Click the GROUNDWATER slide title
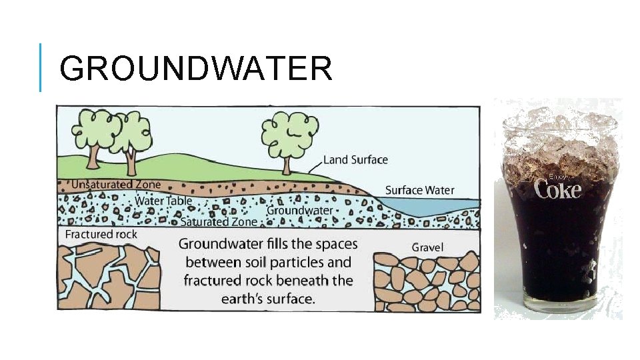click(x=195, y=69)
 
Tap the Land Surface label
click(x=355, y=160)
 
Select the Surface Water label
click(x=419, y=191)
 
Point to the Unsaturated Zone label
click(x=116, y=185)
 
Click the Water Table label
click(x=163, y=201)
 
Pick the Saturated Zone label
click(x=218, y=222)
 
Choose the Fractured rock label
click(x=101, y=235)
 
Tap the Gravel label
click(x=427, y=247)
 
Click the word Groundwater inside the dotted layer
click(x=299, y=210)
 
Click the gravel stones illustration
click(x=427, y=283)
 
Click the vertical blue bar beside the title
click(x=40, y=67)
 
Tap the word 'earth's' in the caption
click(x=244, y=298)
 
